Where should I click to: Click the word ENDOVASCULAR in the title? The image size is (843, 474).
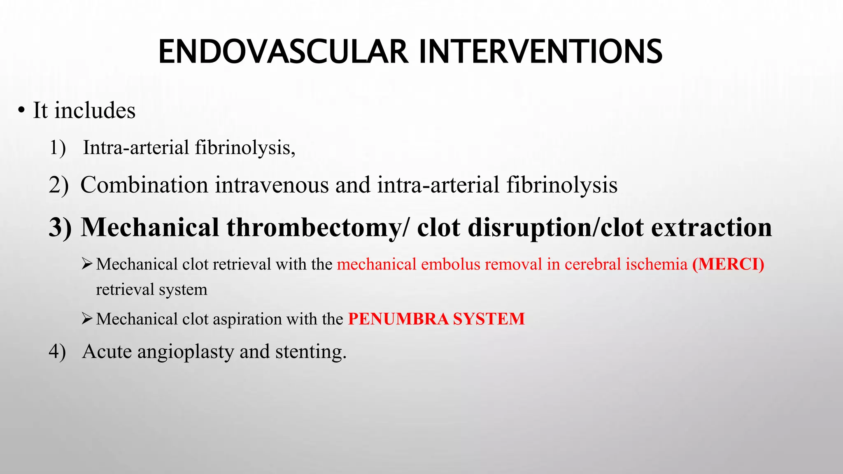click(x=283, y=52)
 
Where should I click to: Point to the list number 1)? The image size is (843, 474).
click(x=57, y=148)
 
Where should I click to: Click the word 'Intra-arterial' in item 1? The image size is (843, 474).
click(x=136, y=147)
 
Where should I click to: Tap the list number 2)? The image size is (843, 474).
click(x=58, y=185)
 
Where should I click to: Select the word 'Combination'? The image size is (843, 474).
click(x=144, y=185)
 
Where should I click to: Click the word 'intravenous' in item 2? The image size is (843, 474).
click(x=272, y=185)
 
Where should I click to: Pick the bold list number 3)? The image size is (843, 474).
click(x=60, y=227)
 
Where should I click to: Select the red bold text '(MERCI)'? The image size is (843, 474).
click(x=728, y=264)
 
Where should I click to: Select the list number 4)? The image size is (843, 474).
click(x=57, y=352)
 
